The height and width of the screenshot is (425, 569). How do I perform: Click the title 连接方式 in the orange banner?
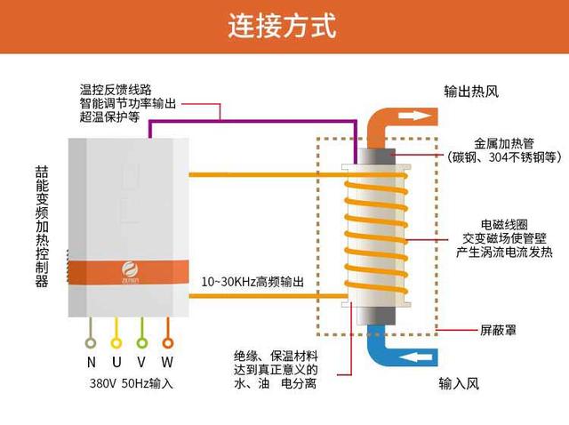(284, 26)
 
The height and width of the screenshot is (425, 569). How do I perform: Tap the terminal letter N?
(91, 363)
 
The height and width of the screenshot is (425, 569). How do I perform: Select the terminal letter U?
(116, 363)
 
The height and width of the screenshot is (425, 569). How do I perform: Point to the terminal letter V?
(141, 363)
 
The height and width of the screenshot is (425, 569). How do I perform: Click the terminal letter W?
(167, 363)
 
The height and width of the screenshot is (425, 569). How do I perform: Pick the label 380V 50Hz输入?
(131, 384)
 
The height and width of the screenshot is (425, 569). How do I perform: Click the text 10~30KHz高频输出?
(253, 281)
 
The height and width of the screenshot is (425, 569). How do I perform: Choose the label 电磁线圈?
(503, 224)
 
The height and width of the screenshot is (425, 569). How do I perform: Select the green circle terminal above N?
(91, 341)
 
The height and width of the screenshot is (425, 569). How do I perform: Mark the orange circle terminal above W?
(167, 341)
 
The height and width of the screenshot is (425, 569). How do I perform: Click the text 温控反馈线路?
(115, 90)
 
